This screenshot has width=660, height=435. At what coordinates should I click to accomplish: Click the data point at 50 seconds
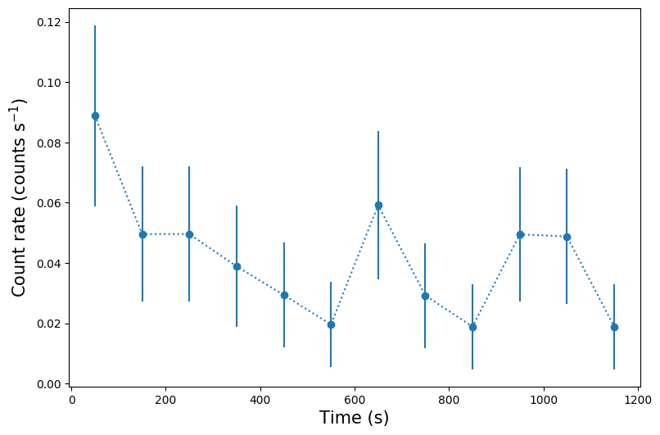(95, 116)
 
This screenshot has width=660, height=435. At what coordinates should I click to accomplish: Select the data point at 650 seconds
(378, 205)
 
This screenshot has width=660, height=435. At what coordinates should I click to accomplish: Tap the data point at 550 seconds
(331, 324)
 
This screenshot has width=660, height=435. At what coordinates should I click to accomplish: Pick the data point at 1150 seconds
(614, 327)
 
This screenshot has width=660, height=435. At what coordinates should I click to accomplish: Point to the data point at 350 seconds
(237, 266)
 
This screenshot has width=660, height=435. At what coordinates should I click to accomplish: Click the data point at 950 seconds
(520, 234)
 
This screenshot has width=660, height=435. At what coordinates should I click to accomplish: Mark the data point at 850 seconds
(472, 327)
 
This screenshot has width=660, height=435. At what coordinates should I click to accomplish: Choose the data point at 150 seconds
(142, 234)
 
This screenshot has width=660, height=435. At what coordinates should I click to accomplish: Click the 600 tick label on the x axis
(355, 401)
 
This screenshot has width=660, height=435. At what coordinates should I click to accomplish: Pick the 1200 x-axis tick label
(637, 401)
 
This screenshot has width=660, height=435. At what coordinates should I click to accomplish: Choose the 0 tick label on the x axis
(72, 401)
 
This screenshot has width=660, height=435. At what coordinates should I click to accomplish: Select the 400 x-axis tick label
(260, 401)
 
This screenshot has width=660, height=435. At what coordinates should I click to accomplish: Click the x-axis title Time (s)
(354, 418)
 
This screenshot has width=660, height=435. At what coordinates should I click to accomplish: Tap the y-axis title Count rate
(19, 197)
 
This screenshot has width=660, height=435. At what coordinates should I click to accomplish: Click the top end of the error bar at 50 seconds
(95, 25)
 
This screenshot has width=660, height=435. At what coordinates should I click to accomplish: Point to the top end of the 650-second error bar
(378, 131)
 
